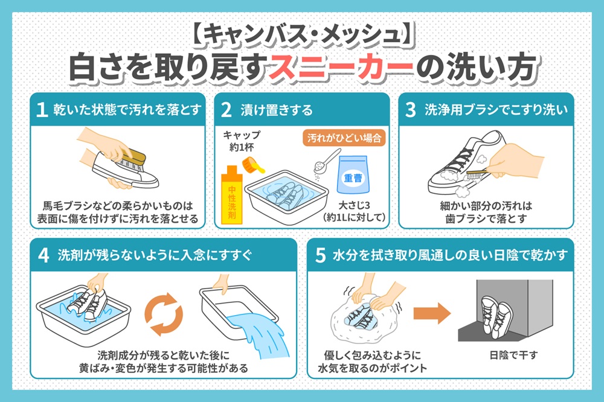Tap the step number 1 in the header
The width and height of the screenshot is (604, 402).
tap(42, 110)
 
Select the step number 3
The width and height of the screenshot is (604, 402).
tap(411, 110)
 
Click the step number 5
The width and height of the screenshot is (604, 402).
tap(321, 255)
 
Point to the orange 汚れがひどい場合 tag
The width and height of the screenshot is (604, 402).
tap(344, 138)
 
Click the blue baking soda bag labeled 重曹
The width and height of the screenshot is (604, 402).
tap(353, 174)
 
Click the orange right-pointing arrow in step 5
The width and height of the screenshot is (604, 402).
tap(432, 313)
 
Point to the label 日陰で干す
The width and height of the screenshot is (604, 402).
tap(513, 355)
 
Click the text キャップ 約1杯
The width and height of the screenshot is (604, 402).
tap(242, 141)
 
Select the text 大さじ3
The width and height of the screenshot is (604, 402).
tap(354, 205)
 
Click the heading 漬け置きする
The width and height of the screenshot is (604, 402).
tap(277, 110)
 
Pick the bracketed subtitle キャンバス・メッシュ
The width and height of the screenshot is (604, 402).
tap(302, 34)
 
